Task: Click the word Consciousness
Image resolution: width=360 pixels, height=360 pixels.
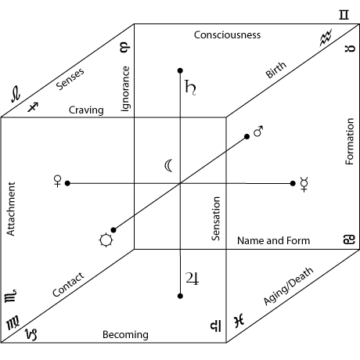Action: point(227,35)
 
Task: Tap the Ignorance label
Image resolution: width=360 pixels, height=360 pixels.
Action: point(125,88)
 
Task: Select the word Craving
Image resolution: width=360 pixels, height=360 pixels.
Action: point(86,110)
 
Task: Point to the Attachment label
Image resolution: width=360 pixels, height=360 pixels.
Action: point(11,209)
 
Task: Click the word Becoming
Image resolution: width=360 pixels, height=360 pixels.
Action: point(125,335)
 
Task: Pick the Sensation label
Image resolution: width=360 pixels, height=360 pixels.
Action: point(216,218)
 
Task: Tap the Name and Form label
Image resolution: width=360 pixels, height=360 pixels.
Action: point(274,240)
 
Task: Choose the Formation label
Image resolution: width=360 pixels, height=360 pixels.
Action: point(350,142)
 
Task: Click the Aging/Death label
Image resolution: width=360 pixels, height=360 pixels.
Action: point(288,286)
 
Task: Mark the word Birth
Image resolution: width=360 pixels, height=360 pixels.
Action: point(275,70)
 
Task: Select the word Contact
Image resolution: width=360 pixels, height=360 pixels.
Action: point(68,285)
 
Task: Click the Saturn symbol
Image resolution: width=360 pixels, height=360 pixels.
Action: point(190,88)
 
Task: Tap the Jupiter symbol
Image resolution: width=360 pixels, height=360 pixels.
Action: point(193,279)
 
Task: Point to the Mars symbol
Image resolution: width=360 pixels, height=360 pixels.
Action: point(258,131)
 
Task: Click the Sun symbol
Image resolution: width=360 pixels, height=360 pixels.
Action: point(106,240)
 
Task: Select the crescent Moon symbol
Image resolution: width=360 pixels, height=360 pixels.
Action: point(168,166)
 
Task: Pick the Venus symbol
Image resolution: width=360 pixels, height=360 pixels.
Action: point(57,182)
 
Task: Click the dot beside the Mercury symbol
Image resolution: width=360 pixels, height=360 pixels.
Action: point(293,184)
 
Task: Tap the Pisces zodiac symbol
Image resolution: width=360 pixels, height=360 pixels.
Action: point(239,321)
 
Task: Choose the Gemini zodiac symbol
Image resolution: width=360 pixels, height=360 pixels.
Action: point(344,15)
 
